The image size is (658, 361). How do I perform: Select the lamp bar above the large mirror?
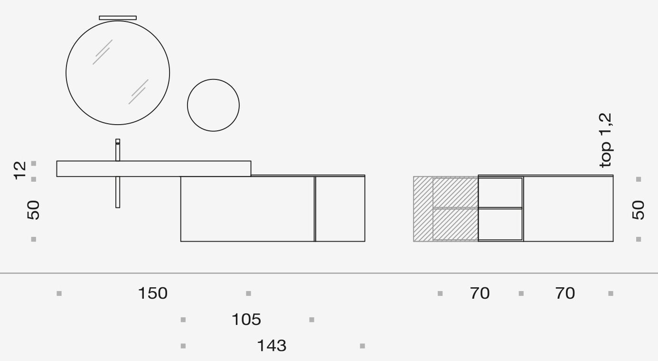118,18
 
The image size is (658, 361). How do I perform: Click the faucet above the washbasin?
118,150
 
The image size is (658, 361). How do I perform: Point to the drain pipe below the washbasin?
118,192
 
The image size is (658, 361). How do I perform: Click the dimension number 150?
153,293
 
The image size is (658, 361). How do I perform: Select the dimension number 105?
246,320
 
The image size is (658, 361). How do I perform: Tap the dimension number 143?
272,346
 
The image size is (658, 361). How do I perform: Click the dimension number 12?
20,170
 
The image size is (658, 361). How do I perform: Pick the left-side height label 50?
33,210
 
